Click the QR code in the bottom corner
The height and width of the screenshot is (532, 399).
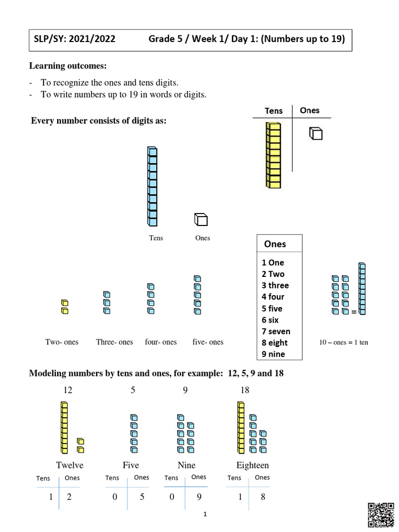(380, 515)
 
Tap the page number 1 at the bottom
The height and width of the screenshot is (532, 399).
(205, 514)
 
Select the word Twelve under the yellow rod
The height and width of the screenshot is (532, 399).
(70, 465)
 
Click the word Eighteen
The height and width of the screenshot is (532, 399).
(252, 465)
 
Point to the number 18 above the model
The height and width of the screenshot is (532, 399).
(245, 390)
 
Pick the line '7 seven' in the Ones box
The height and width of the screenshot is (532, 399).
(276, 331)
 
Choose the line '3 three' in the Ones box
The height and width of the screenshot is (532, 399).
(275, 285)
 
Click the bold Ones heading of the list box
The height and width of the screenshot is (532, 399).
(275, 244)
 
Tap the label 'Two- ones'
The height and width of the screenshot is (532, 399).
(62, 342)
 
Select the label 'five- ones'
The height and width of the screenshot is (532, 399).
(208, 342)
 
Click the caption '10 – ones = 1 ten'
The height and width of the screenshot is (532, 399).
(343, 342)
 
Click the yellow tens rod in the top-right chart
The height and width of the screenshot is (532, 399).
(273, 155)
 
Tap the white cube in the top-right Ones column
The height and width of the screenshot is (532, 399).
(315, 134)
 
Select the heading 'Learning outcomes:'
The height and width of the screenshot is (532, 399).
(68, 66)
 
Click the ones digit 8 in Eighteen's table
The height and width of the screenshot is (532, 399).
(263, 497)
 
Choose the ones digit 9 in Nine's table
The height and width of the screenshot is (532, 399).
(199, 497)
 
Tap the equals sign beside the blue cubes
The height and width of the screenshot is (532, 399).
(354, 312)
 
